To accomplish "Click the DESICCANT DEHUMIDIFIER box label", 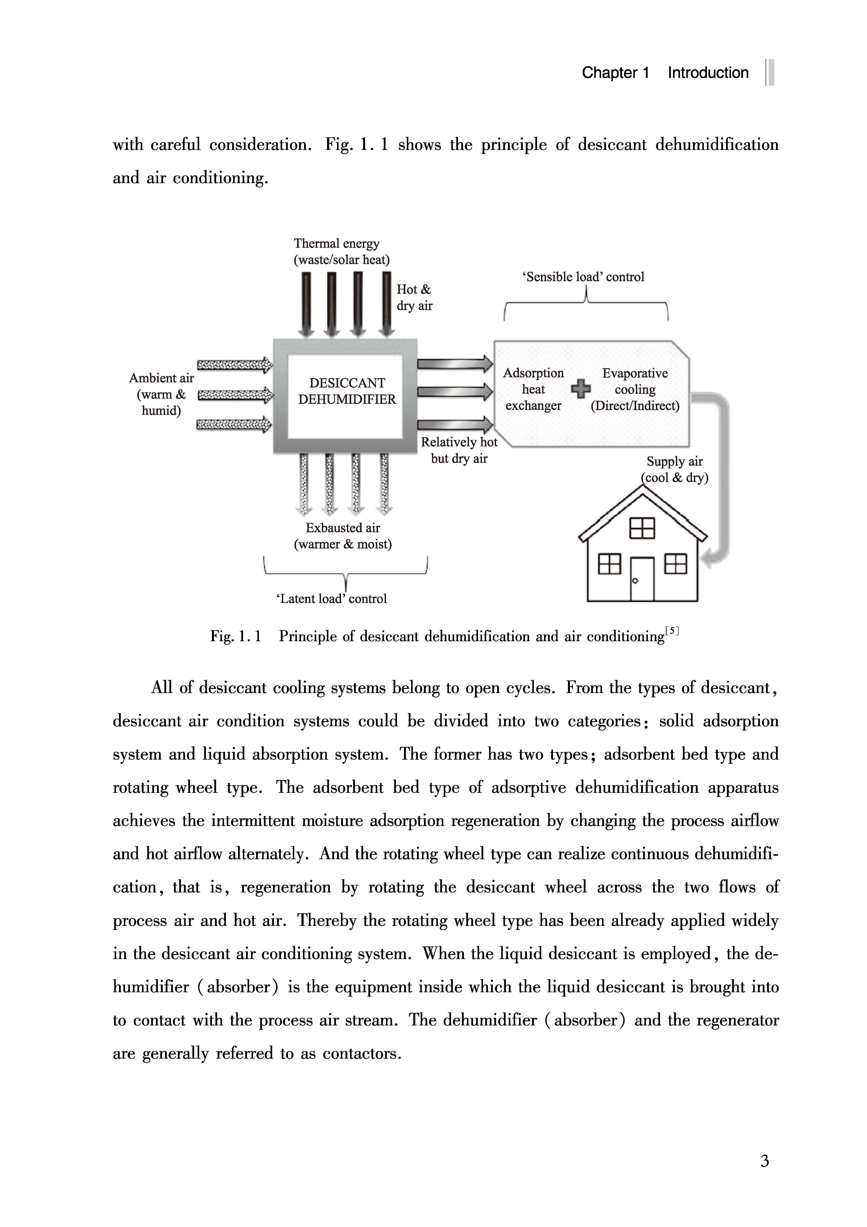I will tap(347, 391).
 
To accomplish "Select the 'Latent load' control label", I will tap(332, 599).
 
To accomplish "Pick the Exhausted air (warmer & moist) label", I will tap(343, 536).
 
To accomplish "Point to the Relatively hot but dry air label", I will tap(459, 450).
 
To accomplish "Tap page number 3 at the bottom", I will tap(765, 1161).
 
